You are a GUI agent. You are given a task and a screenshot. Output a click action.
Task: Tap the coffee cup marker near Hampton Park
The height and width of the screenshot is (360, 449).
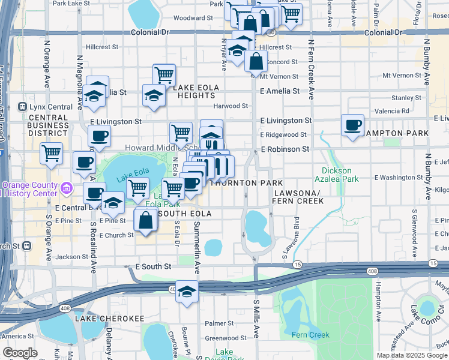coord(352,125)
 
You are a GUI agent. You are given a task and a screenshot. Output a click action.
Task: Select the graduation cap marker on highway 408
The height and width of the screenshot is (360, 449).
coord(187,292)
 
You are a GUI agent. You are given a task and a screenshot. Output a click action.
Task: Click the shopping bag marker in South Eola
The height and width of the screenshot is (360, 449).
coord(146,220)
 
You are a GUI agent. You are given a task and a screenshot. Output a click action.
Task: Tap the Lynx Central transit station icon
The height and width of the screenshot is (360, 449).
coord(23,107)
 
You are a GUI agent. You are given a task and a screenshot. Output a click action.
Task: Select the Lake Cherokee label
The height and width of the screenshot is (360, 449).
coord(101,318)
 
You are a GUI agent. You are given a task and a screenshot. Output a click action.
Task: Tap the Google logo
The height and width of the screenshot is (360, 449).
coord(20,353)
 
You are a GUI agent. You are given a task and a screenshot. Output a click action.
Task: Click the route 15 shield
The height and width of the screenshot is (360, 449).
coord(297,264)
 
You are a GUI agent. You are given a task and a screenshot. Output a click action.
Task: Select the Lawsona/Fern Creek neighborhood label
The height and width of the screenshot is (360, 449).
coord(298,197)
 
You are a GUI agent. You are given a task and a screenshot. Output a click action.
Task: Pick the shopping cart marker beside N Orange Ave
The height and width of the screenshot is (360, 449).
coord(52,153)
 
